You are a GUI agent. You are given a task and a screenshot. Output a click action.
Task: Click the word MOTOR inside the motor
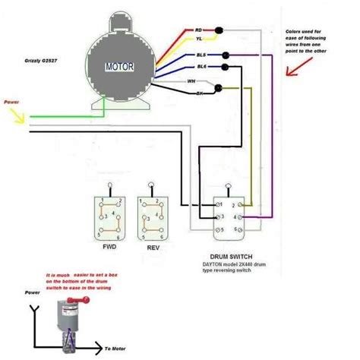pyautogui.click(x=117, y=67)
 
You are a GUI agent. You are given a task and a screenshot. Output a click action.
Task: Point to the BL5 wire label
pyautogui.click(x=201, y=55)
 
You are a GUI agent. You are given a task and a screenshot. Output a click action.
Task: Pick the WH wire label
pyautogui.click(x=191, y=80)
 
